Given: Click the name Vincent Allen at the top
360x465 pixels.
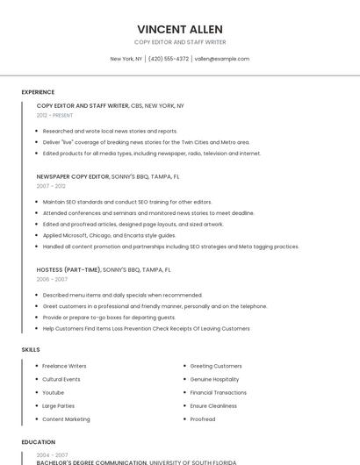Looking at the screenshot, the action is pyautogui.click(x=180, y=29).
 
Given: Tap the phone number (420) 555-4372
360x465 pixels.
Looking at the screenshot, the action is pyautogui.click(x=169, y=59).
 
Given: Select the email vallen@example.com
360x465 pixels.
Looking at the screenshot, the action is pyautogui.click(x=222, y=59).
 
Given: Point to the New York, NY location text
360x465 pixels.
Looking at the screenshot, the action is pyautogui.click(x=126, y=59).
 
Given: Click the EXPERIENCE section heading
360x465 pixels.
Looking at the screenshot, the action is pyautogui.click(x=38, y=92).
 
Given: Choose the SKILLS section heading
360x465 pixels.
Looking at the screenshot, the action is pyautogui.click(x=31, y=349).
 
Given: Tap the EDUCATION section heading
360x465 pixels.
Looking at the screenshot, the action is pyautogui.click(x=39, y=442).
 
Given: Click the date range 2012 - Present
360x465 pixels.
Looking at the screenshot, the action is pyautogui.click(x=54, y=115).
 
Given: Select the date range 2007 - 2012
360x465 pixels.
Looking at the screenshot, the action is pyautogui.click(x=51, y=186).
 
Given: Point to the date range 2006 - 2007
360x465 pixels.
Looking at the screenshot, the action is pyautogui.click(x=52, y=279).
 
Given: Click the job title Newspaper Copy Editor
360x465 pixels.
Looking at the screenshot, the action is pyautogui.click(x=73, y=176).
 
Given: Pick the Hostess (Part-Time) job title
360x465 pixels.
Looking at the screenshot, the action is pyautogui.click(x=68, y=269).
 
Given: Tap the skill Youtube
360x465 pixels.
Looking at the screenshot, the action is pyautogui.click(x=53, y=392).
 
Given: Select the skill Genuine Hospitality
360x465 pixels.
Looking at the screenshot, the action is pyautogui.click(x=214, y=379).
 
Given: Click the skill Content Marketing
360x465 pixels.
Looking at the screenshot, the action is pyautogui.click(x=66, y=419).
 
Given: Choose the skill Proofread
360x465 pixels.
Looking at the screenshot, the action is pyautogui.click(x=203, y=419).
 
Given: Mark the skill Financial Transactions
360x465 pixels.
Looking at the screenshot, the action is pyautogui.click(x=219, y=392).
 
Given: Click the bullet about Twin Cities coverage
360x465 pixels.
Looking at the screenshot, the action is pyautogui.click(x=146, y=142).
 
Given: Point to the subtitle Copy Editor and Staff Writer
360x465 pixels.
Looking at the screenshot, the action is pyautogui.click(x=180, y=42).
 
